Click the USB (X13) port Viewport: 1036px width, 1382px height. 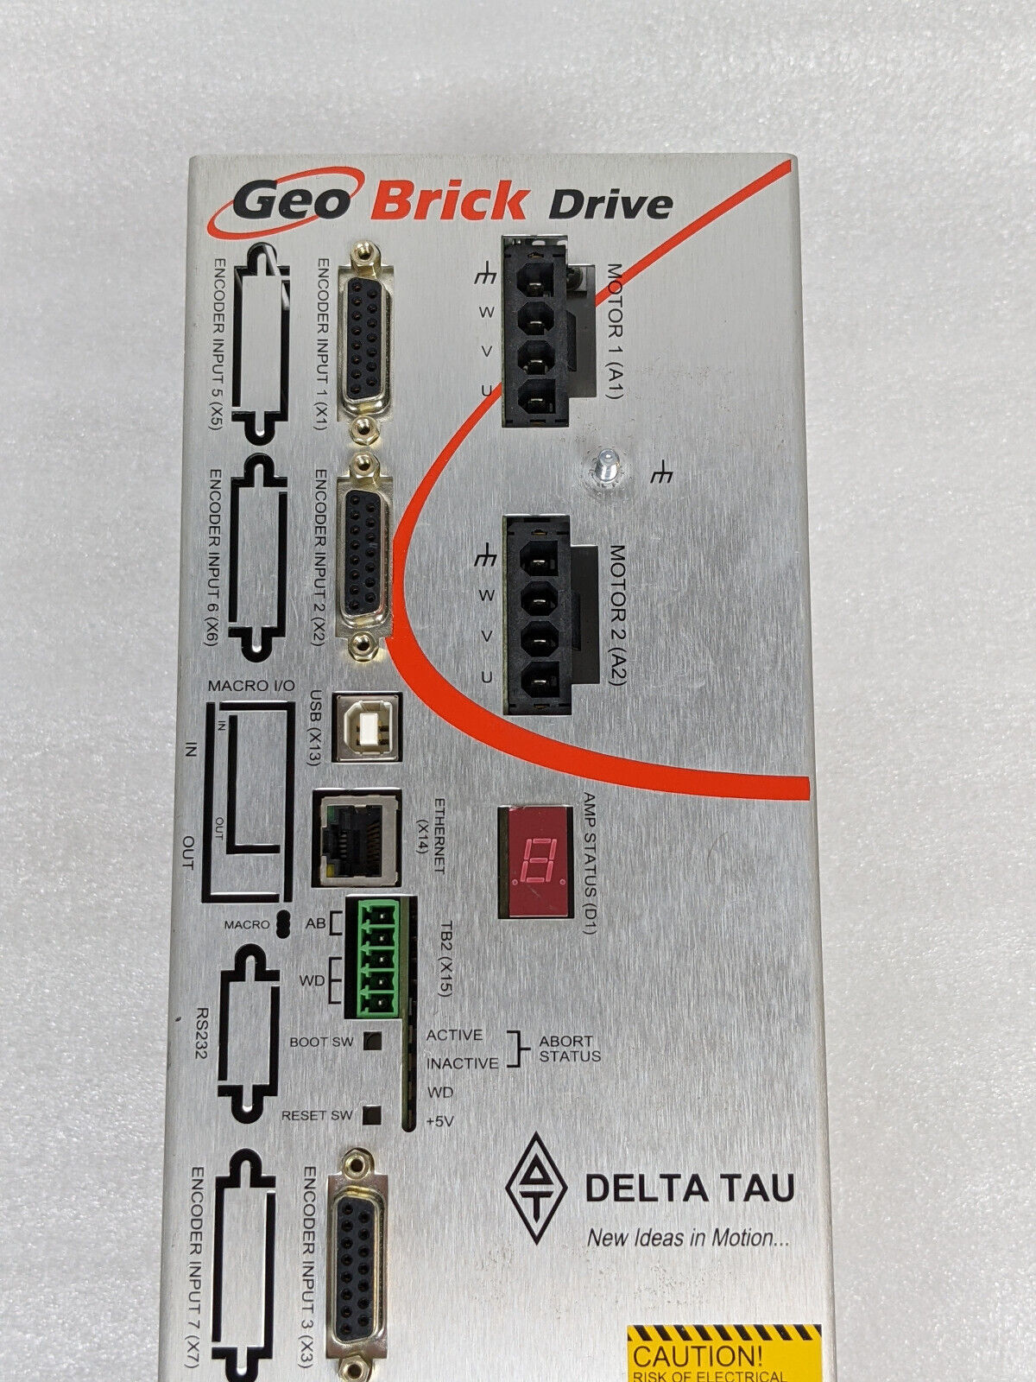coord(367,726)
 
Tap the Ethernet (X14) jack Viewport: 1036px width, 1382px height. coord(357,837)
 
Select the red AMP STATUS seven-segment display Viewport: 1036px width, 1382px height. coord(534,861)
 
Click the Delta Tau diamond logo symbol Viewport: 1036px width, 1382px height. coord(536,1188)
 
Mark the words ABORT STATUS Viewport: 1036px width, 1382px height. coord(570,1049)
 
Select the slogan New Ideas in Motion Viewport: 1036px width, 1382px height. coord(687,1238)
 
